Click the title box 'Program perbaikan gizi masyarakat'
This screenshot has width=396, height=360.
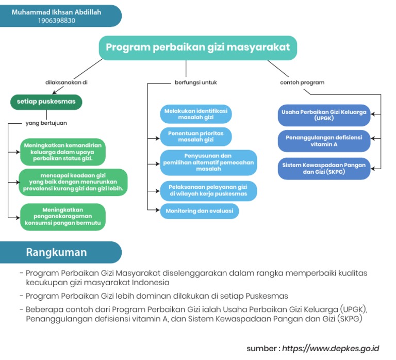pos(198,47)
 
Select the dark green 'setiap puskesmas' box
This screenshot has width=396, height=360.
pos(46,102)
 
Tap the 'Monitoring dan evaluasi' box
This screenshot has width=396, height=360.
pos(199,211)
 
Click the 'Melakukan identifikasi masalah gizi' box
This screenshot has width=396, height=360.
pos(196,114)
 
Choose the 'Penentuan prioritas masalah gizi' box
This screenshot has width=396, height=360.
pos(196,136)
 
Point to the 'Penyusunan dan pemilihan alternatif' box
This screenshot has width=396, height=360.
pos(208,162)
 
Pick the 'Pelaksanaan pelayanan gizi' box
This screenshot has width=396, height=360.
pos(208,190)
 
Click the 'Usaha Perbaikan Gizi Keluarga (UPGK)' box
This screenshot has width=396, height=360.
pos(324,115)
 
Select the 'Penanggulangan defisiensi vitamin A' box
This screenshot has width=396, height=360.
pos(324,141)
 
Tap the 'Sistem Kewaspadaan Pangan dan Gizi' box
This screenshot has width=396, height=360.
pos(324,168)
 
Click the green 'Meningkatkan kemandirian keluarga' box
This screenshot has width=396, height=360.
pos(62,152)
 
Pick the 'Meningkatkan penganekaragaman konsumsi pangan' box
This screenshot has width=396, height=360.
pos(63,217)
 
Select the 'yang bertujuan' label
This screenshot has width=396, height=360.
pos(46,123)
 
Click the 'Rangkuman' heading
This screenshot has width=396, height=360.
pos(57,252)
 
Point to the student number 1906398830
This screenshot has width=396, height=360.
pos(57,21)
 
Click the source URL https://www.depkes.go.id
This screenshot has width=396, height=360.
pos(331,348)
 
